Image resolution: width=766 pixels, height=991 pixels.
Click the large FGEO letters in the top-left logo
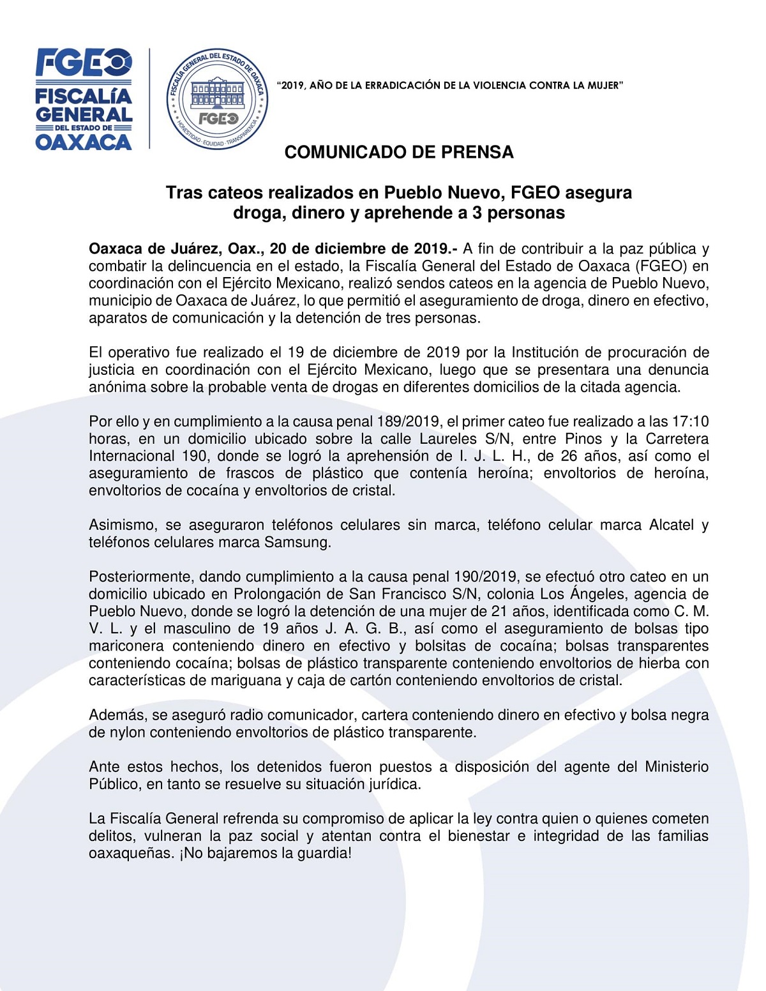point(83,63)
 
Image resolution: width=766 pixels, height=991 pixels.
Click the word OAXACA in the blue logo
point(83,142)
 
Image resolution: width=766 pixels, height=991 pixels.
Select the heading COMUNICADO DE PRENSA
point(399,152)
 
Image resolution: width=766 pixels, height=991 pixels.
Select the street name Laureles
point(448,439)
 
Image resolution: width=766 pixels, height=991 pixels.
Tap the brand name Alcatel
point(671,525)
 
